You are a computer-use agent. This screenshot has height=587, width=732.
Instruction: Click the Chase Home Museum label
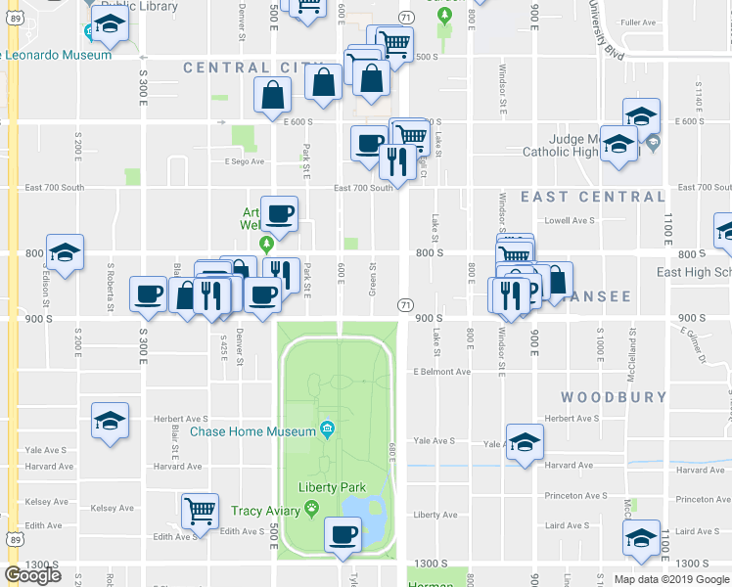click(x=253, y=430)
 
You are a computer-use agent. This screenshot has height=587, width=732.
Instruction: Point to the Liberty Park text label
click(x=331, y=486)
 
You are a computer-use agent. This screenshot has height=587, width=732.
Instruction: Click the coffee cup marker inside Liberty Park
click(x=343, y=534)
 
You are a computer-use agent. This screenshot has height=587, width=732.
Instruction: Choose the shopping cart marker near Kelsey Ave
click(x=200, y=509)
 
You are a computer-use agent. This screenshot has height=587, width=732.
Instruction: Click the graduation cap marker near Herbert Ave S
click(x=110, y=420)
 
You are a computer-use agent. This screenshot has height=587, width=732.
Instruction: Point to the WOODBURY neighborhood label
click(x=614, y=397)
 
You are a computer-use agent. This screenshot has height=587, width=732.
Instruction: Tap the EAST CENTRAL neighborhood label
click(x=592, y=197)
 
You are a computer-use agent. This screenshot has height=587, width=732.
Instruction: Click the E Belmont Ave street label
click(x=441, y=372)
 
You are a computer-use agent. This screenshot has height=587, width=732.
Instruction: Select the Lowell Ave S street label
click(x=570, y=220)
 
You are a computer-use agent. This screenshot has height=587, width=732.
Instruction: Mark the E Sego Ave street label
click(x=245, y=161)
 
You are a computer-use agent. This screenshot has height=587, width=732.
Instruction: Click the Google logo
click(x=32, y=574)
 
